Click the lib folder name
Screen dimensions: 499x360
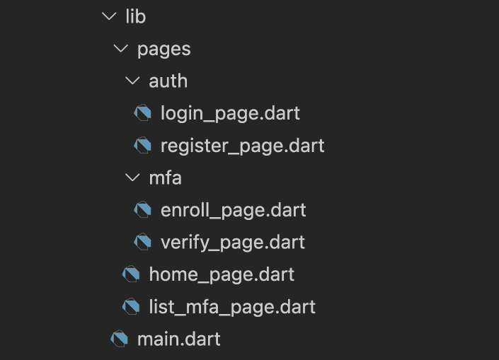point(136,16)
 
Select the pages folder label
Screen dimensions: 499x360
point(164,50)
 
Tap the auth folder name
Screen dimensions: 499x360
point(168,81)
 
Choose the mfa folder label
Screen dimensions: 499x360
point(165,178)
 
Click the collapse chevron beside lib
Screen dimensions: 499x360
point(109,16)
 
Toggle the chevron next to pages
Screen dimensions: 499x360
point(121,49)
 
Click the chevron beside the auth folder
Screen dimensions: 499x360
point(132,81)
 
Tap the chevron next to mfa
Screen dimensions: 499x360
point(132,178)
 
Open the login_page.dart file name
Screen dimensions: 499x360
point(230,113)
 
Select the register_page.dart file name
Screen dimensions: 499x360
point(243,146)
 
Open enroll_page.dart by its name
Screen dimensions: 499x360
point(234,210)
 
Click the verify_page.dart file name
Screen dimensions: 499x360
point(233,243)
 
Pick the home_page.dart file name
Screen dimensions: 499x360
point(222,274)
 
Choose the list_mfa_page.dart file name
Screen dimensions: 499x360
point(232,307)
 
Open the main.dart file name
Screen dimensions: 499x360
point(178,339)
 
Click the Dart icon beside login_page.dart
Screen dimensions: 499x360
point(142,112)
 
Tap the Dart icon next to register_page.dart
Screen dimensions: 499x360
point(142,145)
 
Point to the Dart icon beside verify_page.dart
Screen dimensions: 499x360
point(142,242)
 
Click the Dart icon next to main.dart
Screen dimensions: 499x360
point(120,338)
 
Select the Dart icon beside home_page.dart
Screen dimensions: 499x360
point(131,274)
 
